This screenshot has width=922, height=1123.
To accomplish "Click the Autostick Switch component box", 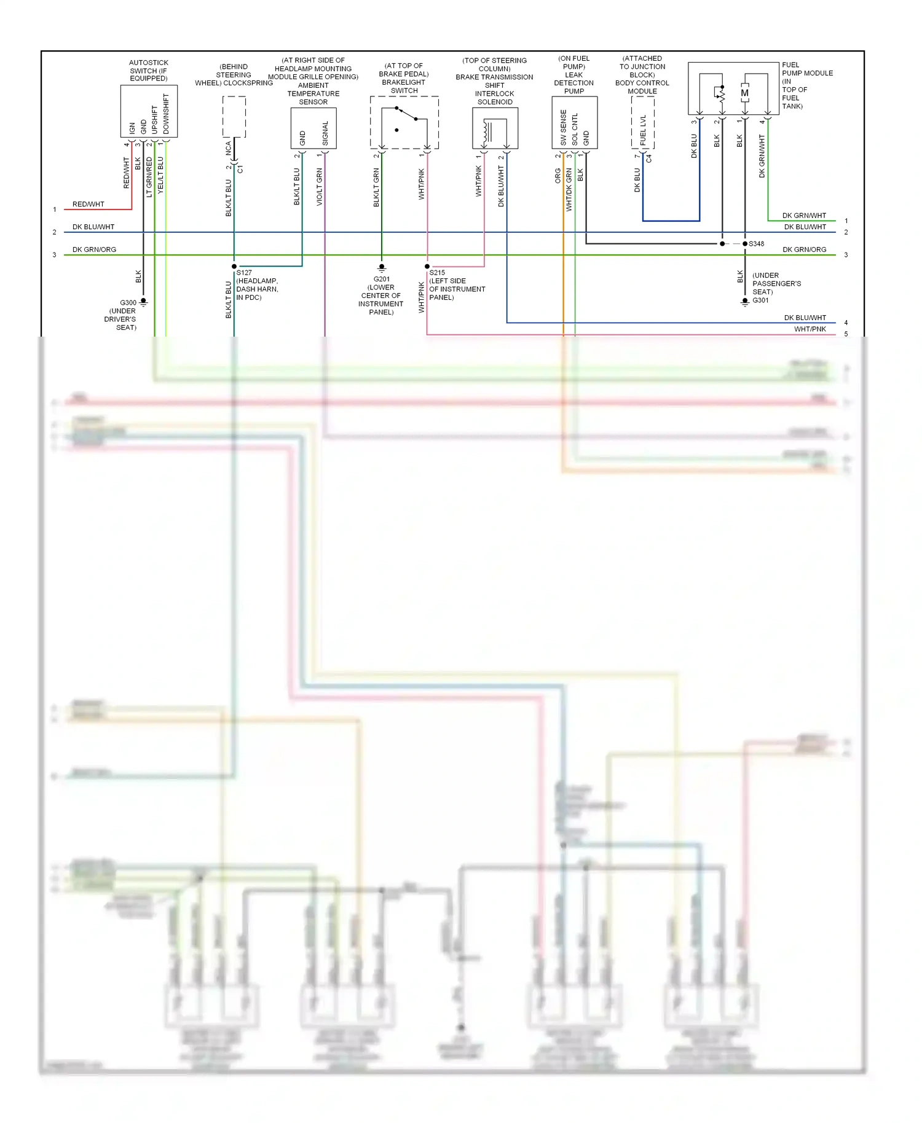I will coord(149,111).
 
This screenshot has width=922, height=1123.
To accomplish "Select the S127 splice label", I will coord(244,273).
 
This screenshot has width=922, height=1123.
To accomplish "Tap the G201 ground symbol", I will coord(382,268).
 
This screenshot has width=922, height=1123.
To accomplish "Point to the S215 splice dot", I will coord(427,267).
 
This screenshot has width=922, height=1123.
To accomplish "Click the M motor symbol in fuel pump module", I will coord(744,93).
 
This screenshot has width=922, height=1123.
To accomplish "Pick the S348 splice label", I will coord(756,244).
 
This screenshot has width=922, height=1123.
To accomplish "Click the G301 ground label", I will coord(760,300).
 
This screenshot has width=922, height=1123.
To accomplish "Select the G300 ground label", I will coord(128,303).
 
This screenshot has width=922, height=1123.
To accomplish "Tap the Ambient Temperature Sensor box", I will coord(313,128).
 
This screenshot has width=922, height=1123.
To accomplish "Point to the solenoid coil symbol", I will coord(487,131).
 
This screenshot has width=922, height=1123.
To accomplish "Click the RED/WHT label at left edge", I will coord(88,204).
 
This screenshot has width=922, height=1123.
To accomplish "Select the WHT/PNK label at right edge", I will coord(810,329).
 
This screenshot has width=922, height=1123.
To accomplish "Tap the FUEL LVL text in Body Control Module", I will coord(643,130).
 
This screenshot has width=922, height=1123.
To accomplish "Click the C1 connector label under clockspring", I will coord(240,169).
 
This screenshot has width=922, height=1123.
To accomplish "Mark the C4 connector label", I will coord(649,158).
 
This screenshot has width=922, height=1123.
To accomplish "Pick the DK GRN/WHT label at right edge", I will coord(803,216).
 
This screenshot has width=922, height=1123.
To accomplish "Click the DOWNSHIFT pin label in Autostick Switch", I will coord(166,114).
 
